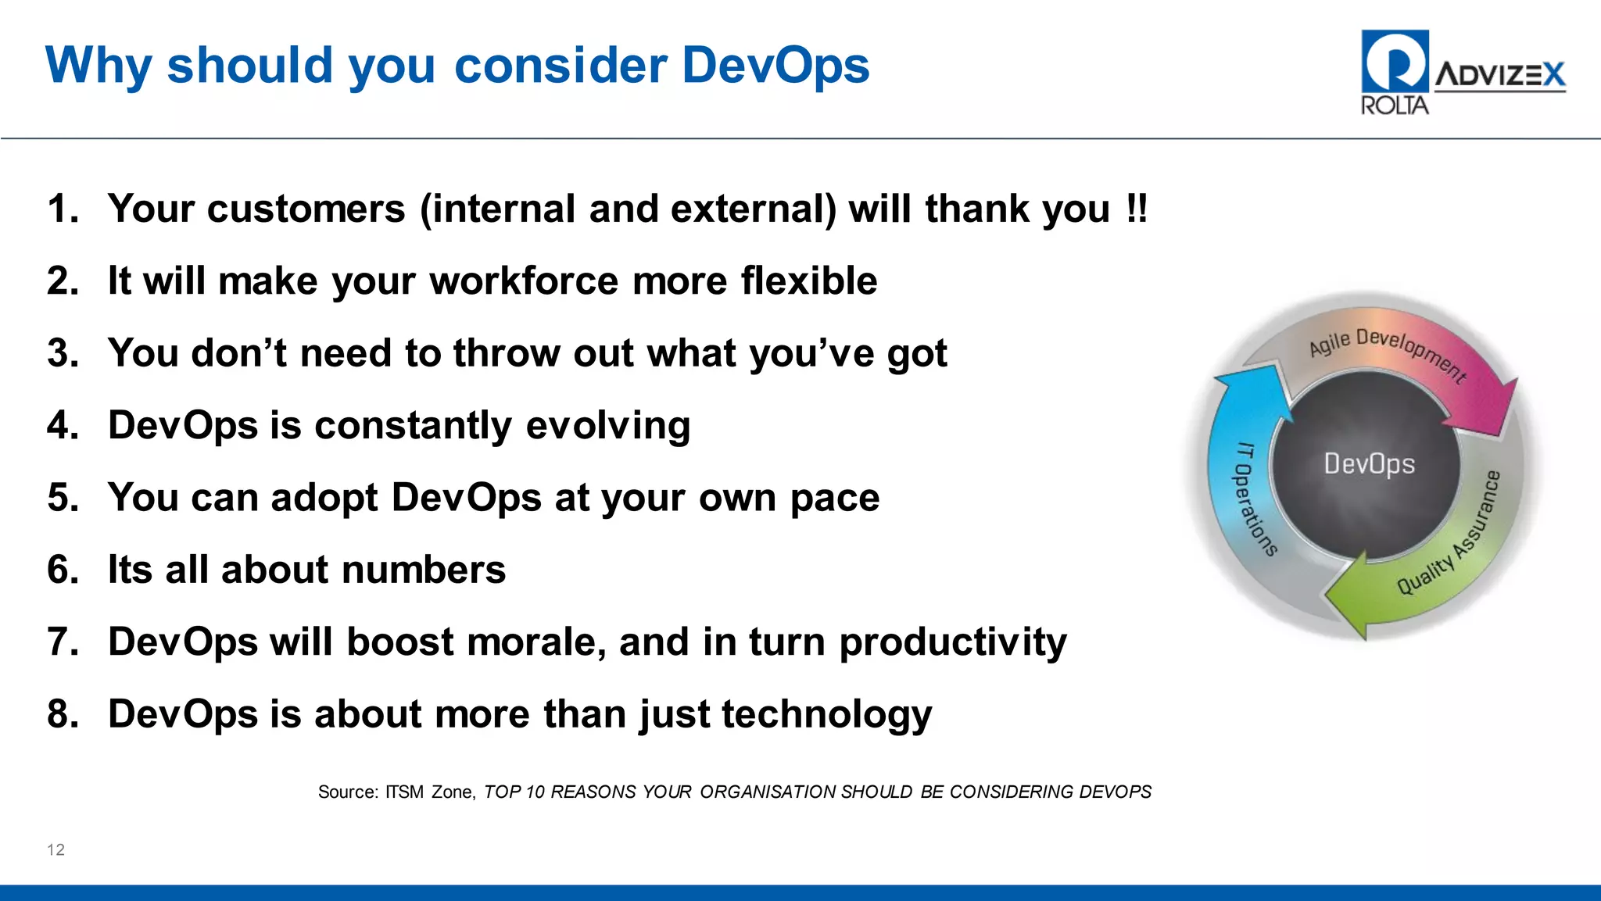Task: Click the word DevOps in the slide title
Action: pyautogui.click(x=775, y=66)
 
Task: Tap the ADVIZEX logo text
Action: pyautogui.click(x=1499, y=75)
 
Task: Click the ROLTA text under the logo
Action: pyautogui.click(x=1394, y=105)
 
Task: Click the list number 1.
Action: pyautogui.click(x=63, y=209)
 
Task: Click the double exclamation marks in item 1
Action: pyautogui.click(x=1137, y=209)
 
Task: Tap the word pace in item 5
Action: pyautogui.click(x=834, y=499)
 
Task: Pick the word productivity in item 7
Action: pyautogui.click(x=952, y=643)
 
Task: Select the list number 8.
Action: pyautogui.click(x=63, y=715)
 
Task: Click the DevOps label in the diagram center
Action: pyautogui.click(x=1369, y=464)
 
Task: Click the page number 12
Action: pyautogui.click(x=56, y=850)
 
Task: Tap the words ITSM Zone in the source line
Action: pyautogui.click(x=428, y=792)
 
